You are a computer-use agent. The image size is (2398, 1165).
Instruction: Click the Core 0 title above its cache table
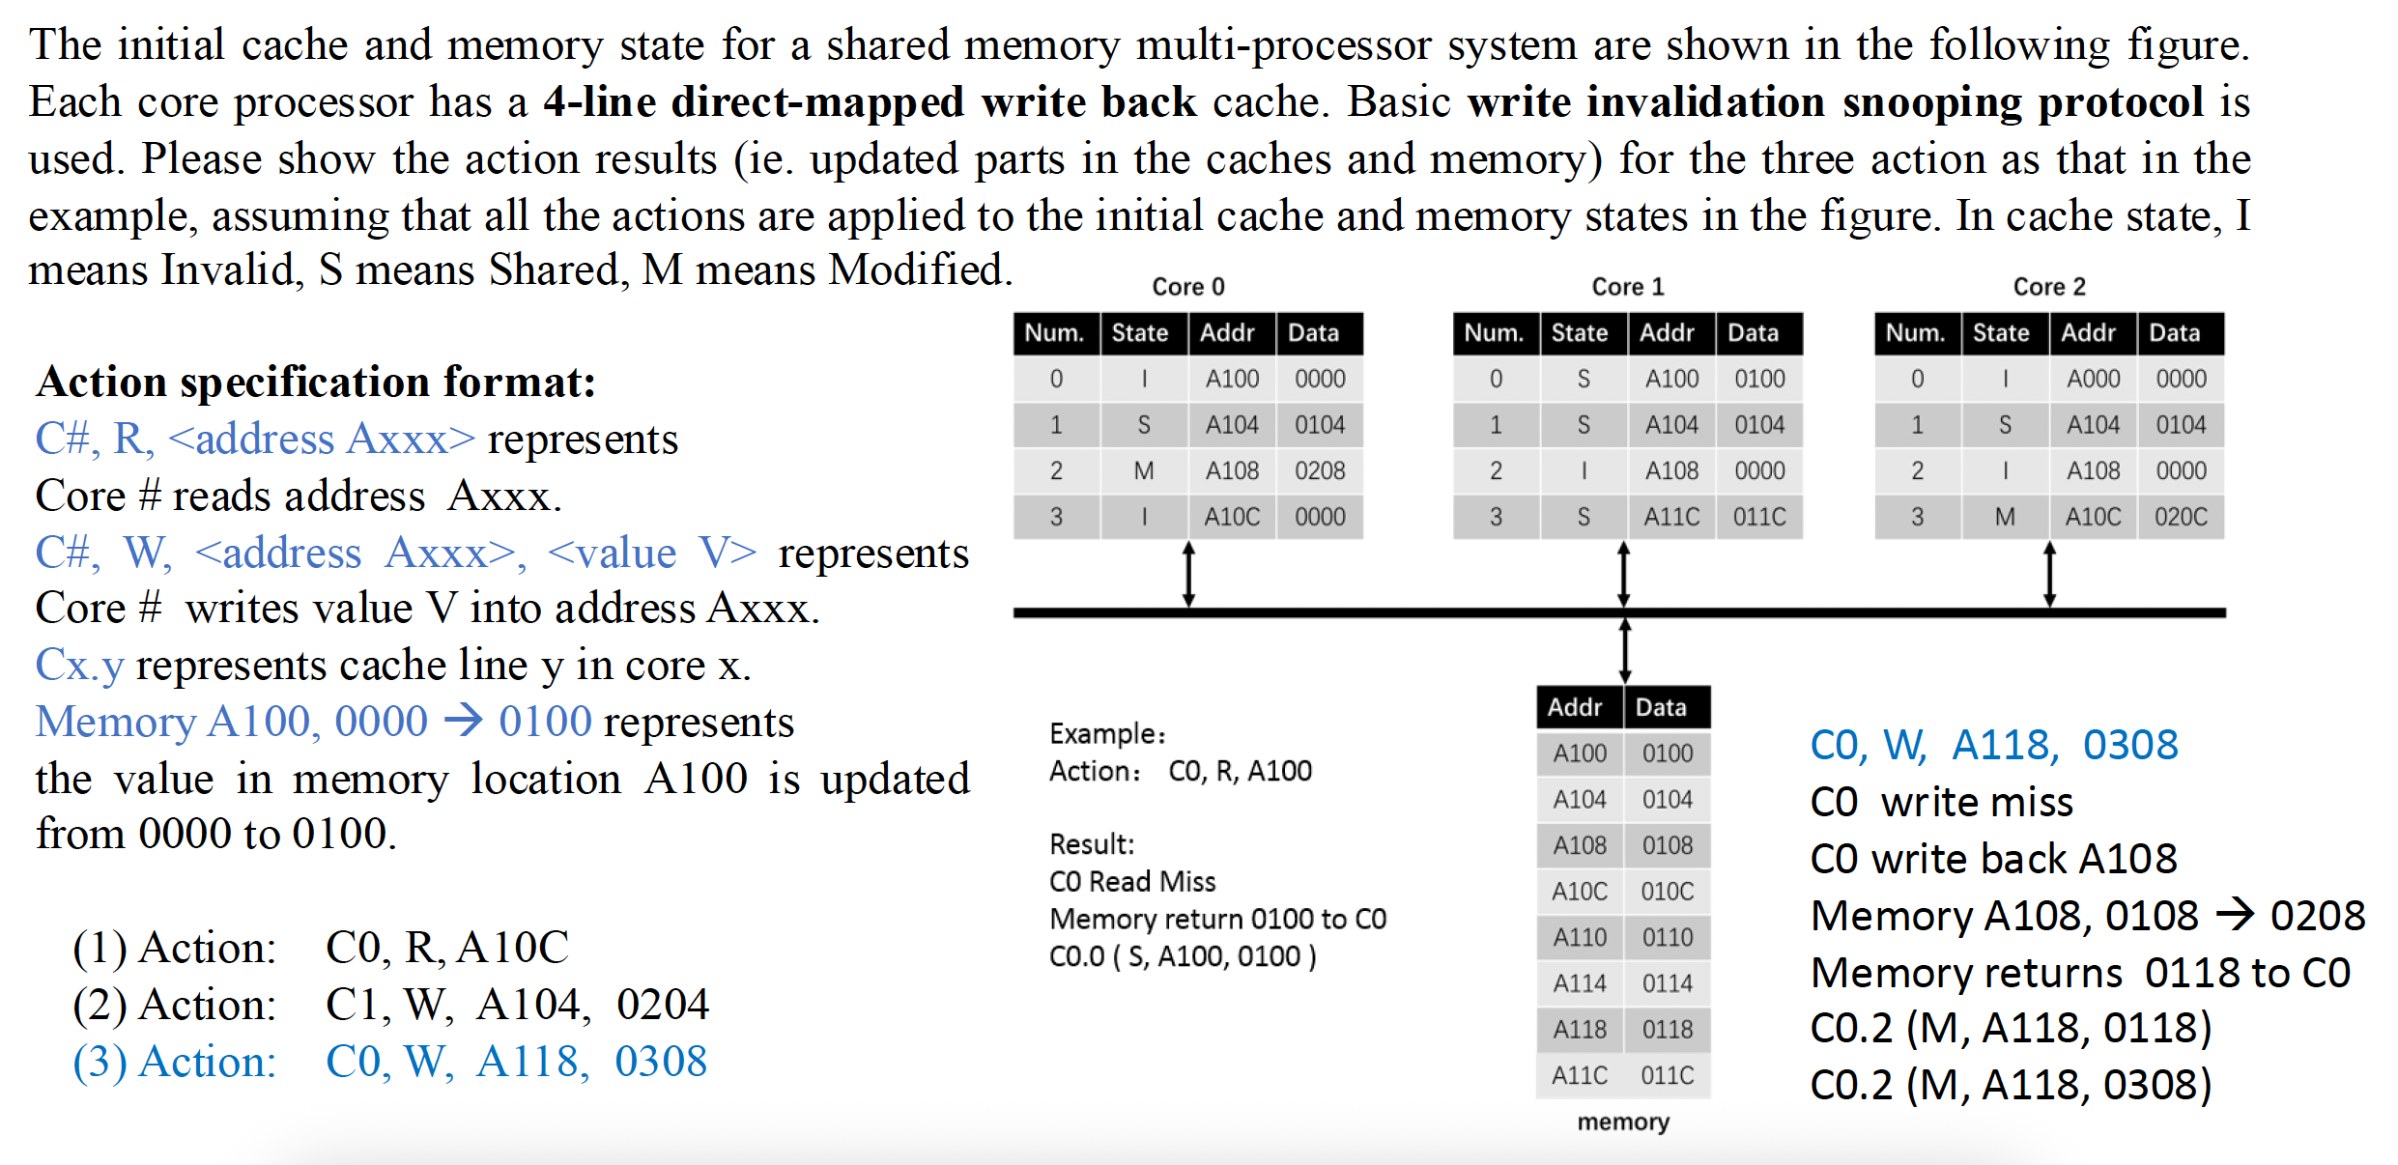[1187, 287]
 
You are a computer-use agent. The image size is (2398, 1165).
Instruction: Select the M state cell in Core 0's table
[1143, 470]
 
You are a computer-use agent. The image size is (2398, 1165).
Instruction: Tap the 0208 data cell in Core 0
[1319, 470]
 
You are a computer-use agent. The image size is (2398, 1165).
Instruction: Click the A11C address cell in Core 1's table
[1670, 517]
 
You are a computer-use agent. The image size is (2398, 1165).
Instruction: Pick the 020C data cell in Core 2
[2180, 517]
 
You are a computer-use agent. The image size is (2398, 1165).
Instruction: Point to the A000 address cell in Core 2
[2093, 379]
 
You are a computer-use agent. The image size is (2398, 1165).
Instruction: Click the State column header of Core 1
[1579, 333]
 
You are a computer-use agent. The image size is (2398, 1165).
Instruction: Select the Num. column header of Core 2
[1915, 333]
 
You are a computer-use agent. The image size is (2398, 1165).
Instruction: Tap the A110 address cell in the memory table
[1579, 937]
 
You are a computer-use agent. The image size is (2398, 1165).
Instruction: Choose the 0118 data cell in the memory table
[1667, 1030]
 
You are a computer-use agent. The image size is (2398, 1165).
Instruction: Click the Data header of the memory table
[1660, 707]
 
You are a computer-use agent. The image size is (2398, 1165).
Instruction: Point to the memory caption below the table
[1623, 1122]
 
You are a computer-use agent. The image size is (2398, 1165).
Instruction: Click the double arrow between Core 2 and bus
[2049, 575]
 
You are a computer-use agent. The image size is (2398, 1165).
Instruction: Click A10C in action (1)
[513, 948]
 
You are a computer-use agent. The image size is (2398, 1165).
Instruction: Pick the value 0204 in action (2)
[662, 1005]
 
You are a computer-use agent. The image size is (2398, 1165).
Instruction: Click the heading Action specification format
[315, 382]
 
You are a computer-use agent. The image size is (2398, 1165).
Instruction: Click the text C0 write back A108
[1993, 859]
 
